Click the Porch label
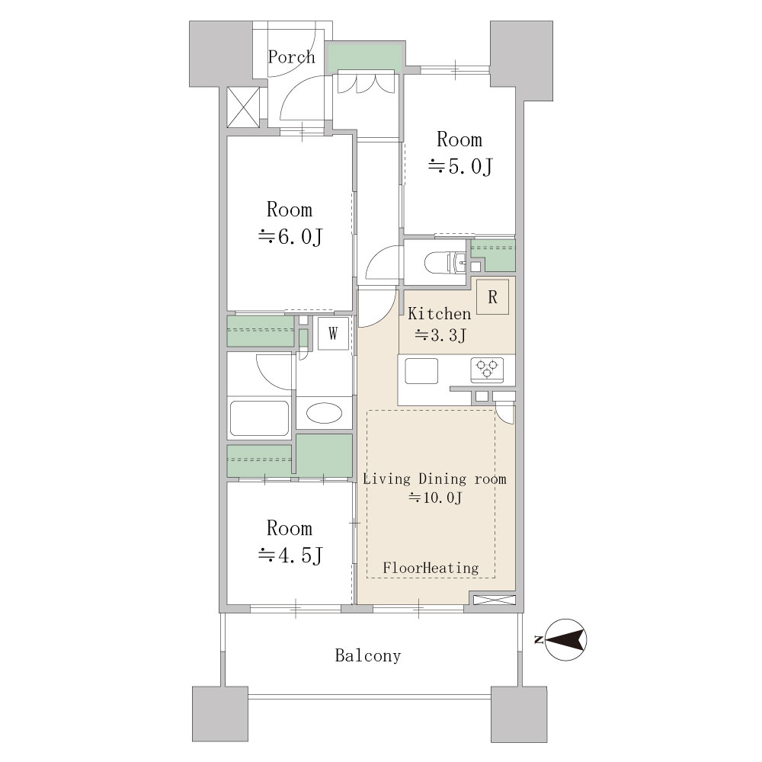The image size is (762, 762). click(291, 57)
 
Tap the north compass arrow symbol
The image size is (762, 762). click(565, 640)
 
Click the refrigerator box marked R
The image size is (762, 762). click(492, 296)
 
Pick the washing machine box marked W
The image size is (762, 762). click(333, 334)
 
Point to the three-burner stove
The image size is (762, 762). click(487, 370)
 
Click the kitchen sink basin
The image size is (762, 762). click(422, 371)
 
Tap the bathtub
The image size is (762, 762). click(259, 418)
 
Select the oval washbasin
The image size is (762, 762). click(324, 413)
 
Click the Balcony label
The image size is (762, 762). click(368, 655)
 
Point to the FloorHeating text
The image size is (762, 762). click(431, 568)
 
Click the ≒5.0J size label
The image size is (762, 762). click(460, 167)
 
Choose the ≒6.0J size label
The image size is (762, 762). click(290, 237)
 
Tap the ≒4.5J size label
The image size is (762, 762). click(290, 555)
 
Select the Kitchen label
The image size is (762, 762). click(440, 313)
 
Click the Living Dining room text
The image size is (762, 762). click(434, 479)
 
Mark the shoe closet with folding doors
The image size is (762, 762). click(367, 82)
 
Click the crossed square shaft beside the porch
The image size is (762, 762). click(243, 107)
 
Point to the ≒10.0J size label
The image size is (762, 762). click(435, 498)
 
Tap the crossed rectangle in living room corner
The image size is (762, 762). click(494, 600)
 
